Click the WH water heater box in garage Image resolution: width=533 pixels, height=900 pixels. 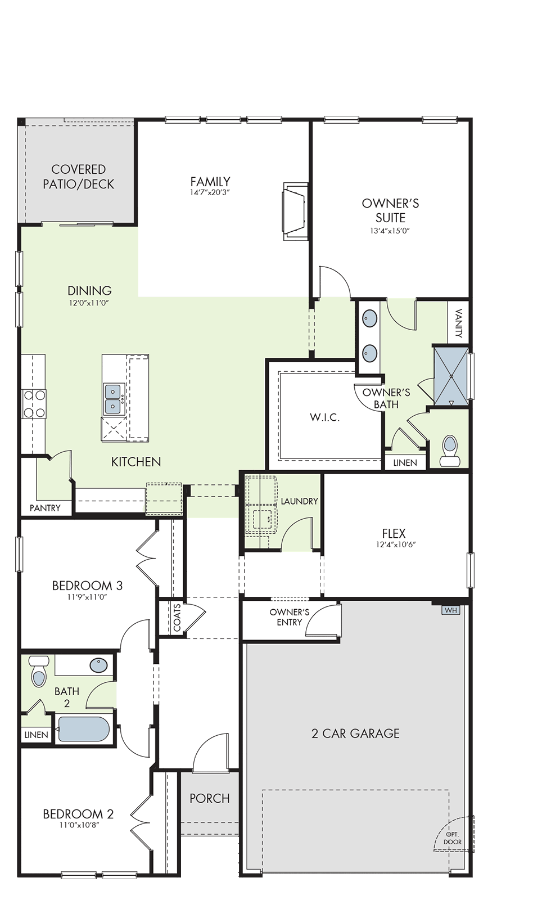pyautogui.click(x=451, y=610)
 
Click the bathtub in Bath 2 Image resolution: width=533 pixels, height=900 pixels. pyautogui.click(x=84, y=729)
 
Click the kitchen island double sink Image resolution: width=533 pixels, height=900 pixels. pyautogui.click(x=113, y=399)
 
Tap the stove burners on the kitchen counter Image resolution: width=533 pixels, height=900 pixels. pyautogui.click(x=34, y=404)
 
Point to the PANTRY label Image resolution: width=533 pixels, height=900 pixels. pyautogui.click(x=45, y=508)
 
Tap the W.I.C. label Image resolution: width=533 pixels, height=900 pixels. pyautogui.click(x=324, y=417)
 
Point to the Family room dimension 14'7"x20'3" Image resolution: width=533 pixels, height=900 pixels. pyautogui.click(x=210, y=192)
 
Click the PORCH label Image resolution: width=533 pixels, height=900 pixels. pyautogui.click(x=210, y=798)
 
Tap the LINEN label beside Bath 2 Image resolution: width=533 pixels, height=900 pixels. pyautogui.click(x=36, y=735)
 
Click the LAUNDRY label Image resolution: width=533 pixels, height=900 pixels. pyautogui.click(x=299, y=501)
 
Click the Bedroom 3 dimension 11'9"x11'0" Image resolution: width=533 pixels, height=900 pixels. pyautogui.click(x=87, y=597)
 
